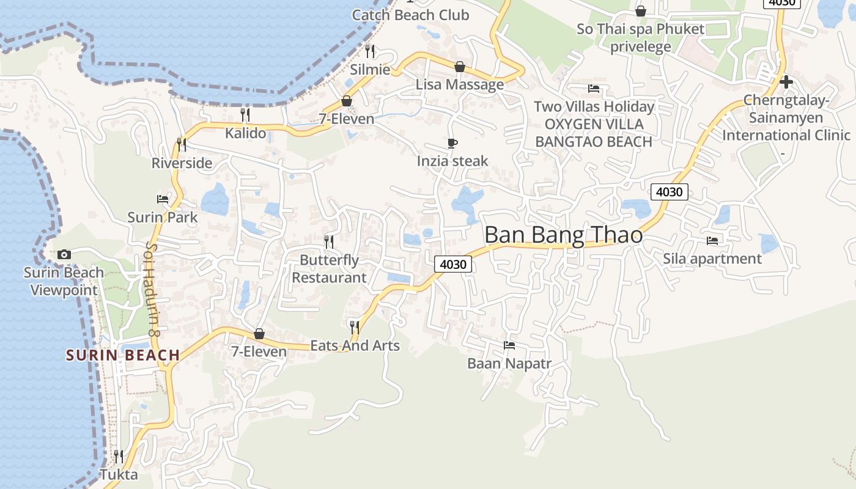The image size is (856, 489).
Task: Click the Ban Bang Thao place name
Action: click(x=563, y=235)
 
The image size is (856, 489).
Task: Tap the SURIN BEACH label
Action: click(x=123, y=355)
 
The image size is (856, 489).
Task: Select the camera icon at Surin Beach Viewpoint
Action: click(x=64, y=254)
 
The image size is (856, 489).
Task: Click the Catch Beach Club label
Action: click(x=410, y=15)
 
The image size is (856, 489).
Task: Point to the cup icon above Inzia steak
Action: click(x=452, y=144)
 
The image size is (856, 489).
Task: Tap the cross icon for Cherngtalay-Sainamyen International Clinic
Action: click(x=786, y=82)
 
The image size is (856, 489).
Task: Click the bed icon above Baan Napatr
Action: click(x=509, y=345)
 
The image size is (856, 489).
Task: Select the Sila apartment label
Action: click(x=712, y=259)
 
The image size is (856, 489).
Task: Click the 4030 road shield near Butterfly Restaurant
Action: click(x=453, y=265)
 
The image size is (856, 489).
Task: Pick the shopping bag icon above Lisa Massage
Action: click(x=460, y=67)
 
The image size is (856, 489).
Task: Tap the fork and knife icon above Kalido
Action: click(x=245, y=115)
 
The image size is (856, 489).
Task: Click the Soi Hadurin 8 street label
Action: click(x=152, y=288)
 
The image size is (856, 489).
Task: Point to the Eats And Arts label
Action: click(x=355, y=345)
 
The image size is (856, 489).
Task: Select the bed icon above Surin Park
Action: click(x=163, y=199)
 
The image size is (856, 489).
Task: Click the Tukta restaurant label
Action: click(x=119, y=474)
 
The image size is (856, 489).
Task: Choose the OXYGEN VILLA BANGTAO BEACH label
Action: click(x=594, y=133)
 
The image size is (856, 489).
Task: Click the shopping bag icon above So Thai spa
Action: click(x=641, y=11)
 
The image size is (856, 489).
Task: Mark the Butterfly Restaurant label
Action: click(x=329, y=268)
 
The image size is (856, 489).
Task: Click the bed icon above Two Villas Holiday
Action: click(x=594, y=89)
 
